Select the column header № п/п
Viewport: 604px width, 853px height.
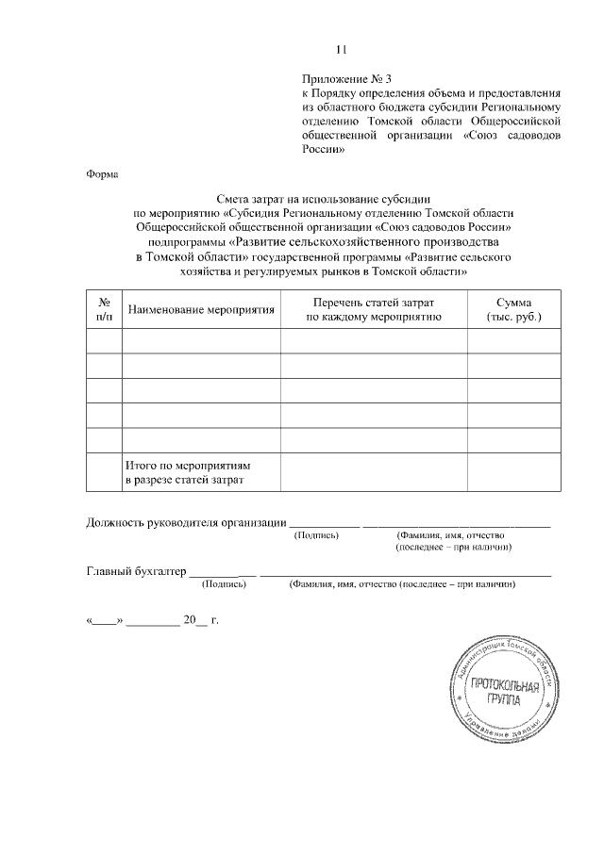point(104,309)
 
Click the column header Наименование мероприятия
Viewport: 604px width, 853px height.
point(201,309)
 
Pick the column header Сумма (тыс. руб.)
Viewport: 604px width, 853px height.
point(512,309)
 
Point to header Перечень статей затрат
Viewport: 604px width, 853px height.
point(374,303)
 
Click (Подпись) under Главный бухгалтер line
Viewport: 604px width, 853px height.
point(224,584)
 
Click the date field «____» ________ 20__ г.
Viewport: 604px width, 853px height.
point(152,621)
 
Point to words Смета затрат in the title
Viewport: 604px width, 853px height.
point(249,199)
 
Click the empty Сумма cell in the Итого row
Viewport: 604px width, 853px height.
point(512,472)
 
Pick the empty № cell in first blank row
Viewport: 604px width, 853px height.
point(104,341)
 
